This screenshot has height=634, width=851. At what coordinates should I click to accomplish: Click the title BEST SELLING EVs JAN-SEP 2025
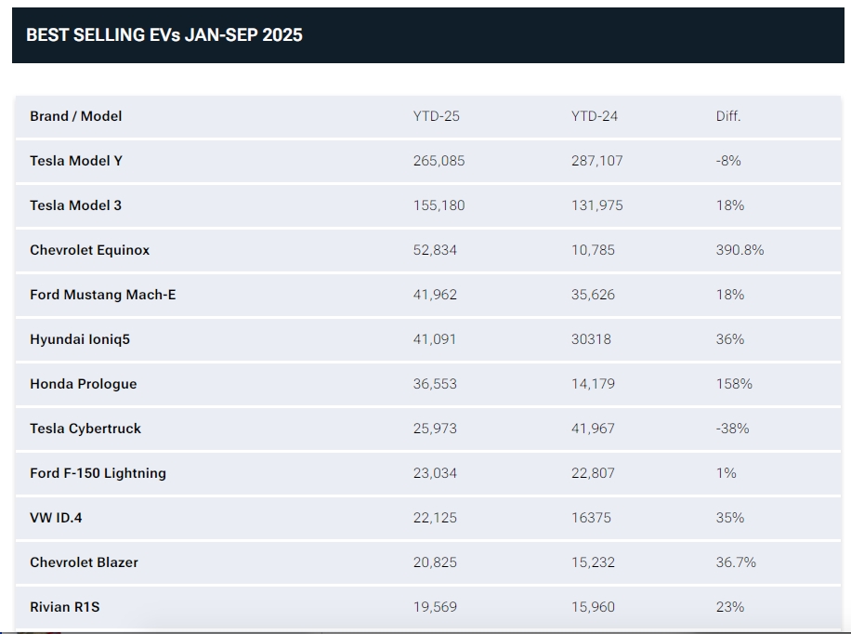[164, 35]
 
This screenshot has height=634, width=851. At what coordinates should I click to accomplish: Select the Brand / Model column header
[76, 116]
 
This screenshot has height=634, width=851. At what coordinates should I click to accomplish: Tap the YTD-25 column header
[437, 116]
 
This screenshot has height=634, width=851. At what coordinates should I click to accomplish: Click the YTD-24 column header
[595, 116]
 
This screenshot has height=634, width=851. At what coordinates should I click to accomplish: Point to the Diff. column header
[728, 116]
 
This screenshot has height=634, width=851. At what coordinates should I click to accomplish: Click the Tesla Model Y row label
[76, 161]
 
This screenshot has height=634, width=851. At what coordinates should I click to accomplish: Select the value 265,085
[439, 161]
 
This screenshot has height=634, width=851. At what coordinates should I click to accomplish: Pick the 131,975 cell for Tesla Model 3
[597, 205]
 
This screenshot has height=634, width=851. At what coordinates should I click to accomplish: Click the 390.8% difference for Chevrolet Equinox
[740, 250]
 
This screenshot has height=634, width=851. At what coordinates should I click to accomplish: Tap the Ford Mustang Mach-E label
[103, 295]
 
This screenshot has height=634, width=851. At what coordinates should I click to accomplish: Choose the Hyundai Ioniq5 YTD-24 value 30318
[592, 339]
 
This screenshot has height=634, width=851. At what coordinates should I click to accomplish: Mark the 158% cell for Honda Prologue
[734, 384]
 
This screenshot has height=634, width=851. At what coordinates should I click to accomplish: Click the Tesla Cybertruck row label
[85, 429]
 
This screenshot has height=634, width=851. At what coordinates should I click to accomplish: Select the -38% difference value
[733, 429]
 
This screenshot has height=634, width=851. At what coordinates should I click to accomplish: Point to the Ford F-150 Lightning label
[98, 473]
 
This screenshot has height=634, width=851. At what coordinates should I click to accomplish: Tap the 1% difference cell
[727, 473]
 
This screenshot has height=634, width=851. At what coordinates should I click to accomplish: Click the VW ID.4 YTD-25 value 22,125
[436, 518]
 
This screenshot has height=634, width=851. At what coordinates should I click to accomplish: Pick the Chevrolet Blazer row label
[84, 562]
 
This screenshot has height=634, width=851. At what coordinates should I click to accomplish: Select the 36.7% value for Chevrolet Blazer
[737, 562]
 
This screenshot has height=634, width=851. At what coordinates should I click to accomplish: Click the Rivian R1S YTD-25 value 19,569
[436, 607]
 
